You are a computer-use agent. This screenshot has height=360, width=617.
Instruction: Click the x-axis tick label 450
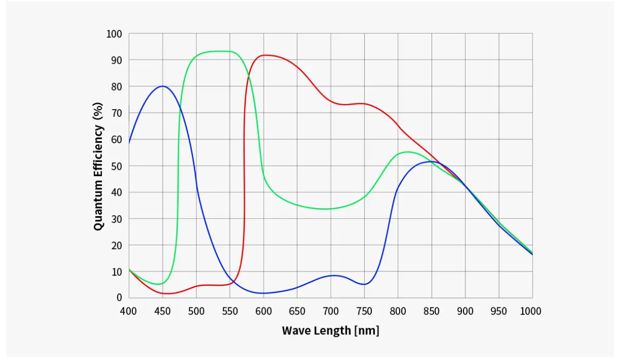162,311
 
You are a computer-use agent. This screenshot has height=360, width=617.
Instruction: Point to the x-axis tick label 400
129,311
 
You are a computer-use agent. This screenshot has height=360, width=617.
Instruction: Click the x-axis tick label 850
432,311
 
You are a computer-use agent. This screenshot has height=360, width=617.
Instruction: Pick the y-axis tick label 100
114,34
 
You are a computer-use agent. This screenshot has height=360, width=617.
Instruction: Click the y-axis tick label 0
119,298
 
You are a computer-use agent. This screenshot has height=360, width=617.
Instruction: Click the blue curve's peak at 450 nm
162,86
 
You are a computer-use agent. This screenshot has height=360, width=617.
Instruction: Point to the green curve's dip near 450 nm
161,284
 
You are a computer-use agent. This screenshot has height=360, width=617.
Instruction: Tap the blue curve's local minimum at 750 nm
364,284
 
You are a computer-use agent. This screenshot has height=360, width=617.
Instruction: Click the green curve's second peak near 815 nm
407,151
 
